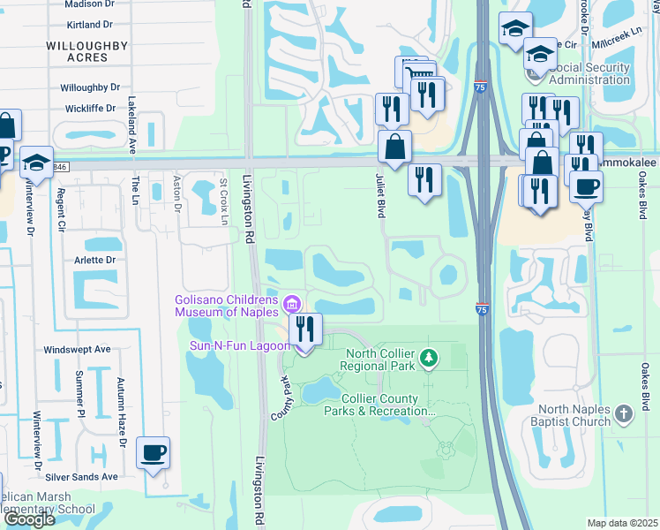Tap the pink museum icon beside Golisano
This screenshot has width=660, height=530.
coord(292,305)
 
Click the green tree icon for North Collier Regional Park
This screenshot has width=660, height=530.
coord(428,358)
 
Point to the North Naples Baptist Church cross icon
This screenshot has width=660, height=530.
coord(624,414)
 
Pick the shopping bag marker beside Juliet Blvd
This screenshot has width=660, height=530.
coord(395,148)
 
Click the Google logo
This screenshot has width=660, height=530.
coord(29,519)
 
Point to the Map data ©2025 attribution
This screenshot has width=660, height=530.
coord(622,523)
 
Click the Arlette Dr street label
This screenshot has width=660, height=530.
coord(98,261)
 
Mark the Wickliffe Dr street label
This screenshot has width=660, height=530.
coord(90,109)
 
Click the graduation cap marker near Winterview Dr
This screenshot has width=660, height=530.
coord(36,163)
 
